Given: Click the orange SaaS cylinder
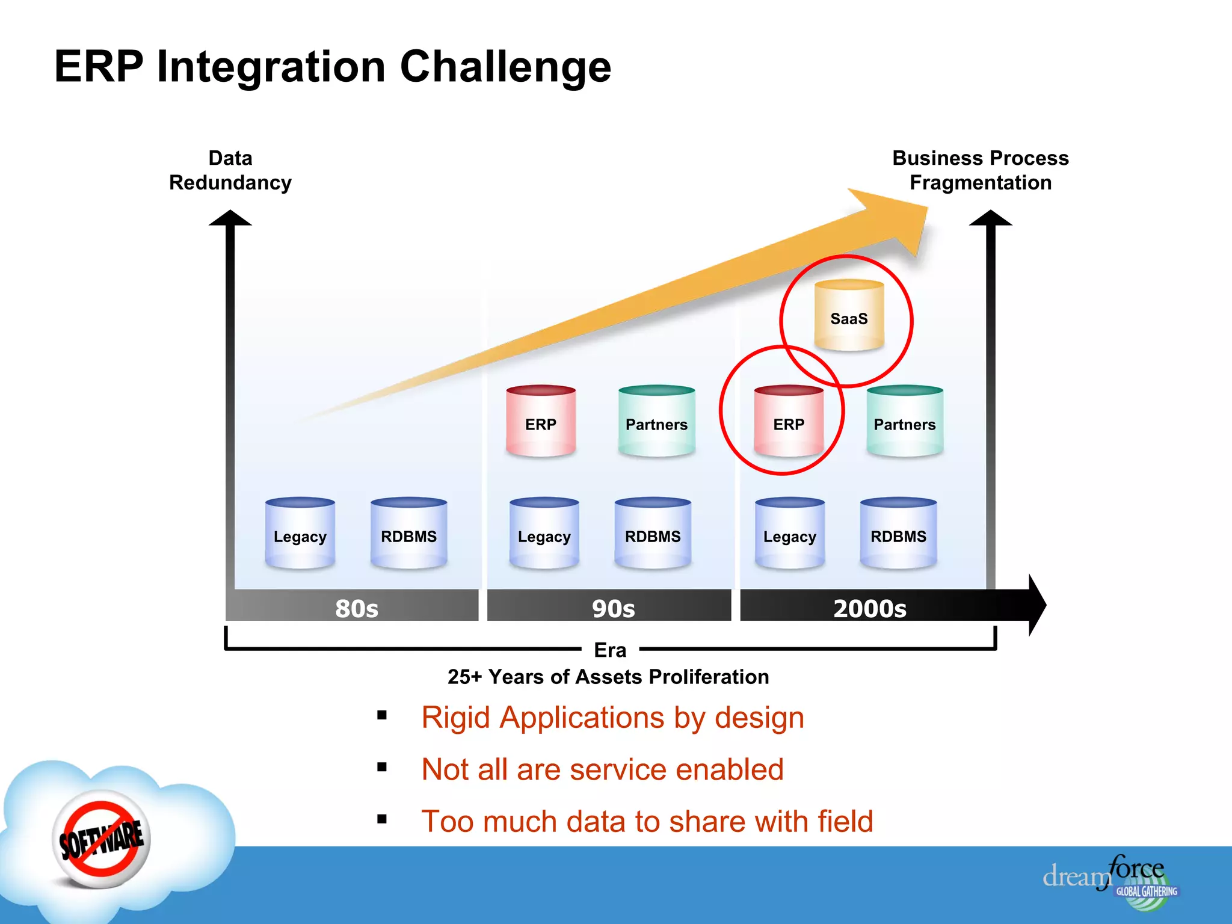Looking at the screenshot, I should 849,316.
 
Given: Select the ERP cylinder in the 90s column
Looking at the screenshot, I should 541,422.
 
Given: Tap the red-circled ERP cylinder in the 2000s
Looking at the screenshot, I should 788,422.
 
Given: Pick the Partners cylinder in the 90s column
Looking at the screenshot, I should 656,422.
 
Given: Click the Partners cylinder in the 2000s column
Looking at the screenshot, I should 904,422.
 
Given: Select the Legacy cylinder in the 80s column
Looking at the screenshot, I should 300,534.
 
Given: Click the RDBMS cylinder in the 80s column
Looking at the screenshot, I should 408,534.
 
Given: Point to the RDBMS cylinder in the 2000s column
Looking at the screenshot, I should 898,534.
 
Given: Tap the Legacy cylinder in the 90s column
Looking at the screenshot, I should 544,534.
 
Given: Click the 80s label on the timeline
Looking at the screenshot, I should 357,608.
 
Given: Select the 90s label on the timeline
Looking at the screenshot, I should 613,608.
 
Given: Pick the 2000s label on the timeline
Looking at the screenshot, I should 869,608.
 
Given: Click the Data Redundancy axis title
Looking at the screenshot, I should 230,170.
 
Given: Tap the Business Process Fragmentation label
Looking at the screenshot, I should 980,170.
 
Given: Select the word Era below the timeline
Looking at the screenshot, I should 610,650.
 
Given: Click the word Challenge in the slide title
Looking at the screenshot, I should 505,66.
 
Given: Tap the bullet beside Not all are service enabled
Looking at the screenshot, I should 382,767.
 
